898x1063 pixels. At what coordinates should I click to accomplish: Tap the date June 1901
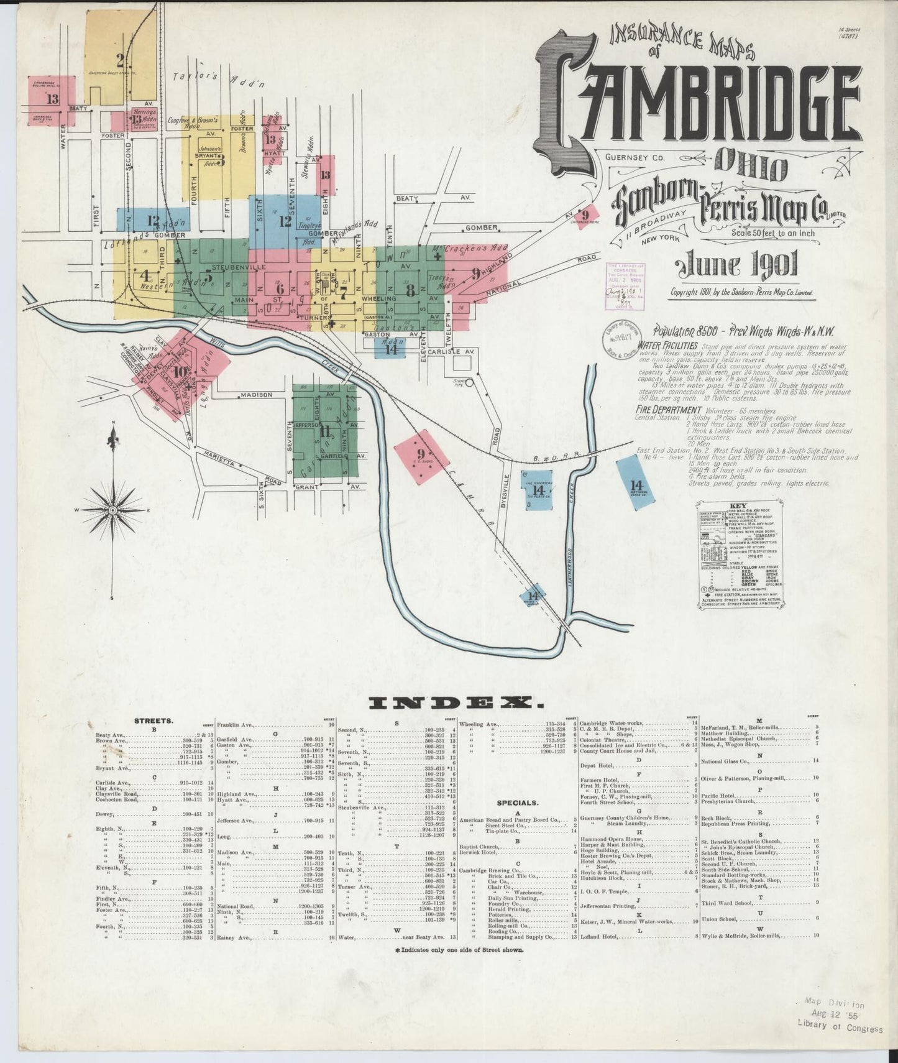[x=737, y=265]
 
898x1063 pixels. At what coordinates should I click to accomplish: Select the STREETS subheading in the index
[x=153, y=721]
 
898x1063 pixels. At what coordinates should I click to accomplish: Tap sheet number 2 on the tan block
[x=119, y=60]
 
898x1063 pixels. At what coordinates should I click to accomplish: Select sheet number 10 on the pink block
[x=181, y=372]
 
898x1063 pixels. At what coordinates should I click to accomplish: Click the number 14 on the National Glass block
[x=635, y=484]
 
